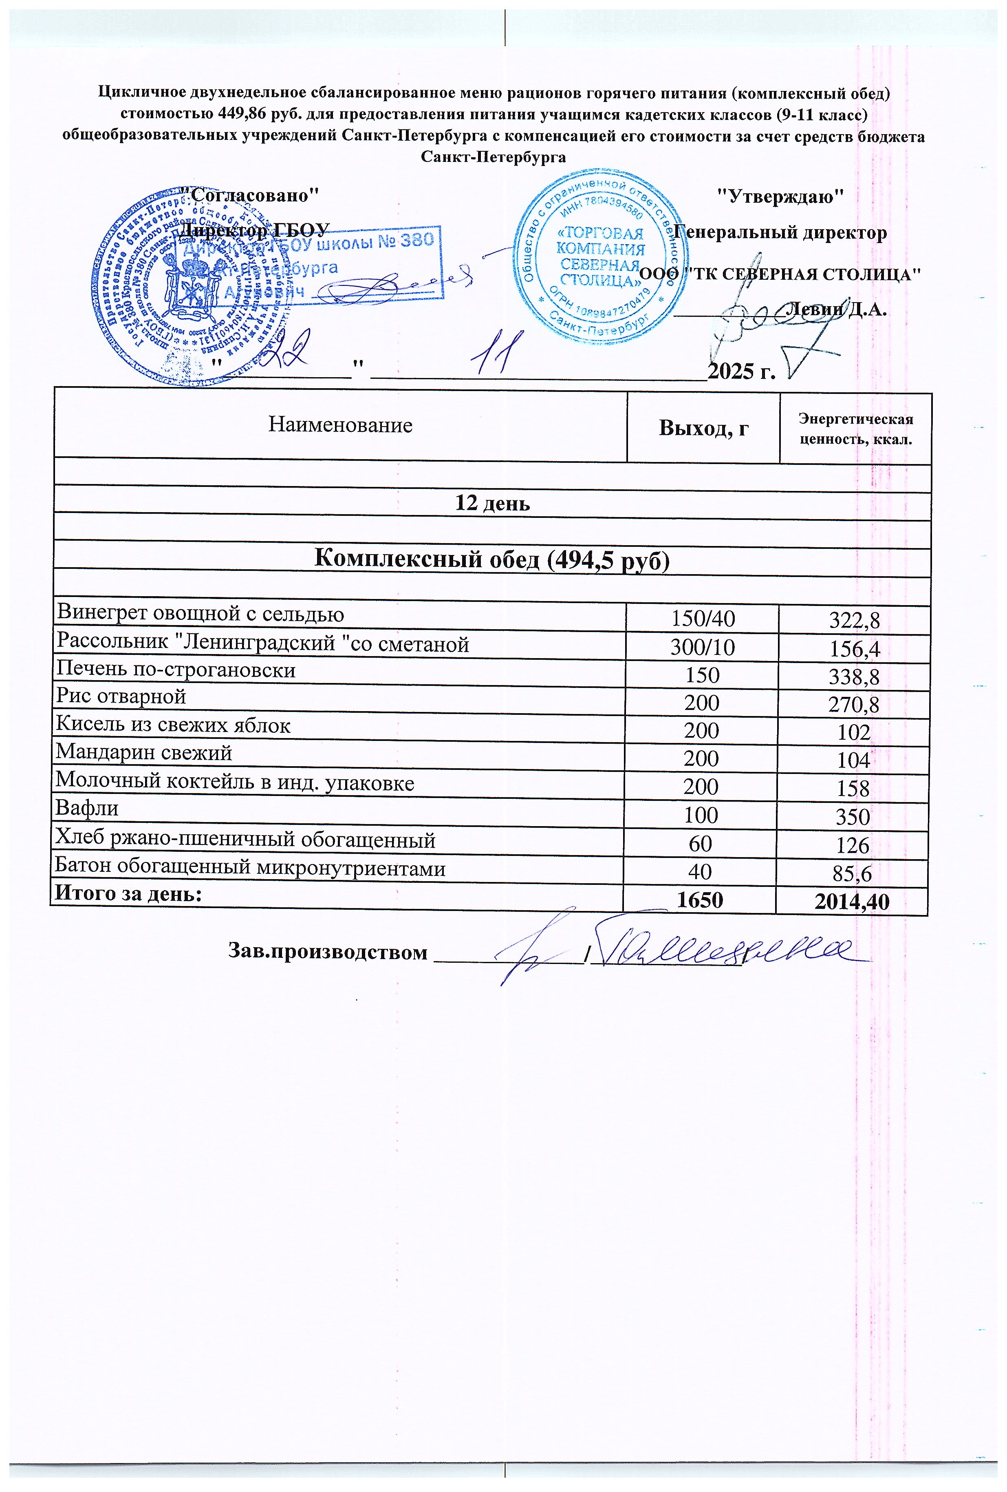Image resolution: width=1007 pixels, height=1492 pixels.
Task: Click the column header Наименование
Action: pyautogui.click(x=340, y=425)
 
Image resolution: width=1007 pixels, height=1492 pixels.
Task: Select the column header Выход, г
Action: pyautogui.click(x=703, y=428)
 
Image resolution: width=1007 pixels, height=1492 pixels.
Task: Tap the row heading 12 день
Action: pyautogui.click(x=492, y=503)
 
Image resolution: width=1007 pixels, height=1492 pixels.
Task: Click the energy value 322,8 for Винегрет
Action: pyautogui.click(x=854, y=620)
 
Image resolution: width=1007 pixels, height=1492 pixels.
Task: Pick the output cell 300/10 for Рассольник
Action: pyautogui.click(x=702, y=647)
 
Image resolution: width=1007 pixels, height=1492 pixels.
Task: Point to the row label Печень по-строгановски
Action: pyautogui.click(x=176, y=670)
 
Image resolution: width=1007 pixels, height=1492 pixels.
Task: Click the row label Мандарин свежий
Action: pyautogui.click(x=144, y=752)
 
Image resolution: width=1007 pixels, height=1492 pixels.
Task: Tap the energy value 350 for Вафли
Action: pyautogui.click(x=853, y=817)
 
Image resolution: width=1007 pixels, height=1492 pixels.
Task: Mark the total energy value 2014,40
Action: pyautogui.click(x=852, y=902)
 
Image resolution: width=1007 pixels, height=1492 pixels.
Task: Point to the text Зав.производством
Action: pyautogui.click(x=327, y=951)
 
